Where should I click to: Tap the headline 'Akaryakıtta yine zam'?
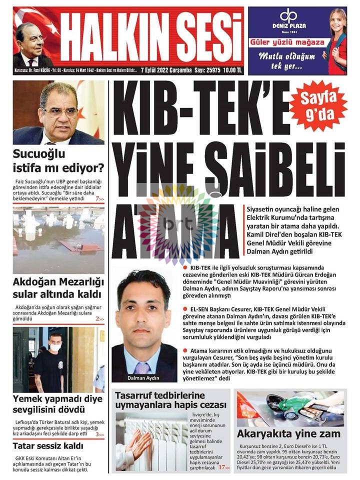pos(289,434)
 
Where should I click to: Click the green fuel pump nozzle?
pos(280,402)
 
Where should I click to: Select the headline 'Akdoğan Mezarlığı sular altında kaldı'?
pos(57,288)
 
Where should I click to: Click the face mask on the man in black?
pos(55,346)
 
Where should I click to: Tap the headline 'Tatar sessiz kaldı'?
pos(47,445)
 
